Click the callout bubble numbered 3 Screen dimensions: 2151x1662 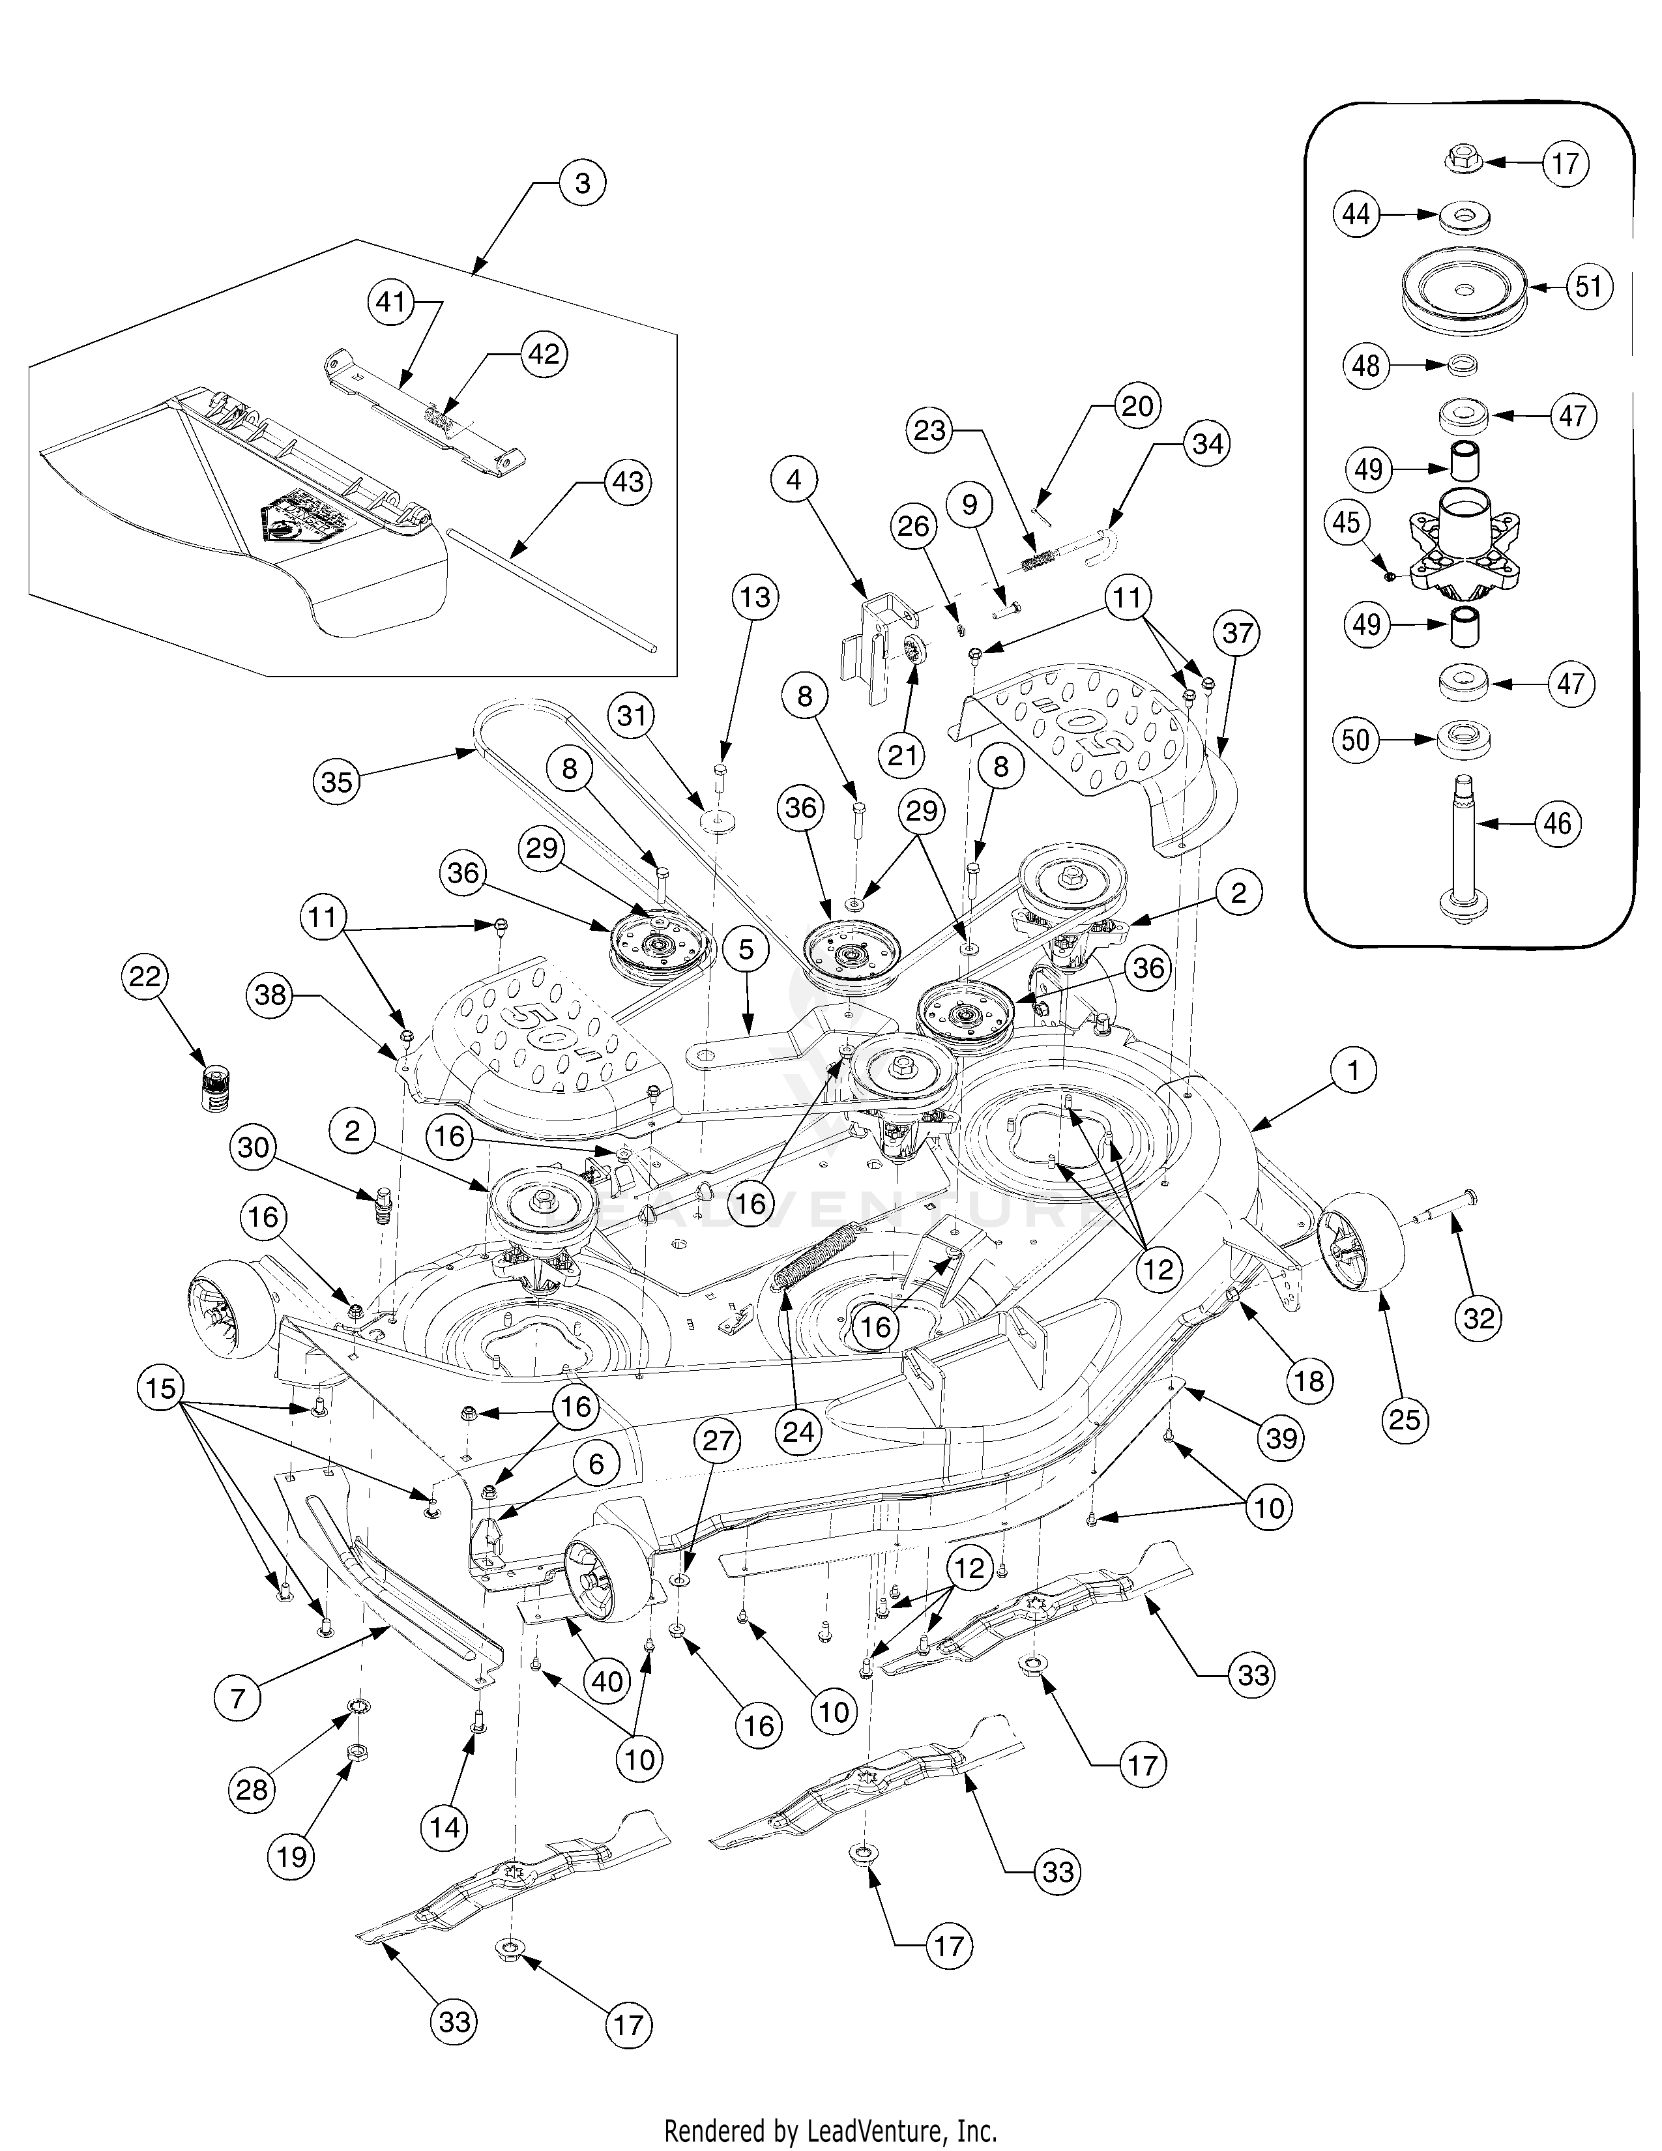pyautogui.click(x=582, y=183)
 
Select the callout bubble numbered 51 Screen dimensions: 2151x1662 pyautogui.click(x=1588, y=287)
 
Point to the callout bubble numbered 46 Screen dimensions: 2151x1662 pyautogui.click(x=1556, y=823)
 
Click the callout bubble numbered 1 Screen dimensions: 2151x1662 pyautogui.click(x=1354, y=1070)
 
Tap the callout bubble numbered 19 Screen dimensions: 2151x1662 pyautogui.click(x=291, y=1856)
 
